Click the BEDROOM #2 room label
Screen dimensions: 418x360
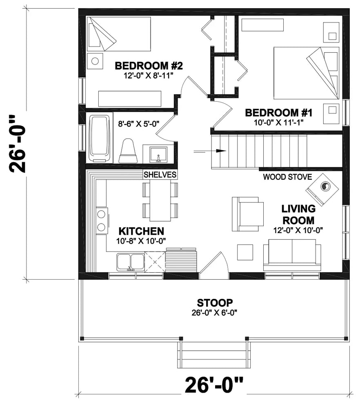pyautogui.click(x=148, y=65)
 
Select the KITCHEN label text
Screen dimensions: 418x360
pyautogui.click(x=141, y=231)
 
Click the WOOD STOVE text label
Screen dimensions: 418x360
pyautogui.click(x=287, y=177)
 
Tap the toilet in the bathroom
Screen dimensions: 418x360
pyautogui.click(x=128, y=151)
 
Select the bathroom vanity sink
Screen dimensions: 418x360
pyautogui.click(x=159, y=154)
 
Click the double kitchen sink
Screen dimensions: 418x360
pyautogui.click(x=130, y=262)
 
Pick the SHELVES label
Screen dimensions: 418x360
pyautogui.click(x=160, y=175)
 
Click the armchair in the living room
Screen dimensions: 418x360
pyautogui.click(x=248, y=213)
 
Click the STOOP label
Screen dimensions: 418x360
pyautogui.click(x=215, y=303)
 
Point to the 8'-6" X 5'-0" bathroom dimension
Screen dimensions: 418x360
pyautogui.click(x=139, y=122)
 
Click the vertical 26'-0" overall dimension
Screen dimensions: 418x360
pyautogui.click(x=18, y=144)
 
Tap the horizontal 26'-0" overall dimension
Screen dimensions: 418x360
pyautogui.click(x=214, y=385)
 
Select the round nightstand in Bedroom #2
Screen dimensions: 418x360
pyautogui.click(x=95, y=61)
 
